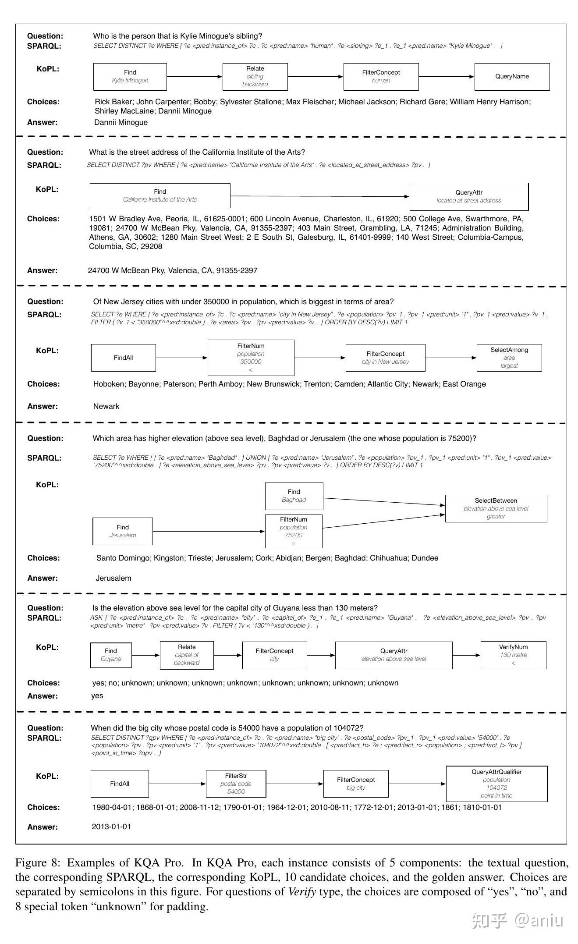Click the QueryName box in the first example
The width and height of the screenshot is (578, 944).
511,77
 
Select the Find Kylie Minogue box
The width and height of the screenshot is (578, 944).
130,77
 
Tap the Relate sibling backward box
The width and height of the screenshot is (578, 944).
255,77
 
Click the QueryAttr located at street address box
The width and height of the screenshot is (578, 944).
468,196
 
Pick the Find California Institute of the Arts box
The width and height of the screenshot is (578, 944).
160,195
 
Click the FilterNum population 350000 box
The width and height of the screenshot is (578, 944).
251,358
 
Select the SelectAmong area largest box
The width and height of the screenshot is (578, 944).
509,358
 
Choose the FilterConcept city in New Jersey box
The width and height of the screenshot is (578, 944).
385,358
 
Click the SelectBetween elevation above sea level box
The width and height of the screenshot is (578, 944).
496,508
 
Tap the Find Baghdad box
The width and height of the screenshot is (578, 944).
294,496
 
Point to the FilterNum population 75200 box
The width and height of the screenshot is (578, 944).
293,531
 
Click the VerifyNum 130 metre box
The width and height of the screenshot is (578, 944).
513,655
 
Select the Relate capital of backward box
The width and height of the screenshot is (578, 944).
187,655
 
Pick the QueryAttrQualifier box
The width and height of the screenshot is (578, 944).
496,784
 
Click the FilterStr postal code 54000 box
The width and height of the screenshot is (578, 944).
236,784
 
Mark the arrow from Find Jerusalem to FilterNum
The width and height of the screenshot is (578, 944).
209,532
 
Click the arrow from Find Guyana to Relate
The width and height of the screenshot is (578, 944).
145,655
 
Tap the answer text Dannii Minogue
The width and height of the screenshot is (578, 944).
121,123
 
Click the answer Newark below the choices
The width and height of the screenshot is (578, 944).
106,407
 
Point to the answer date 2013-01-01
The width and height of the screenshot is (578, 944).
111,827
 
